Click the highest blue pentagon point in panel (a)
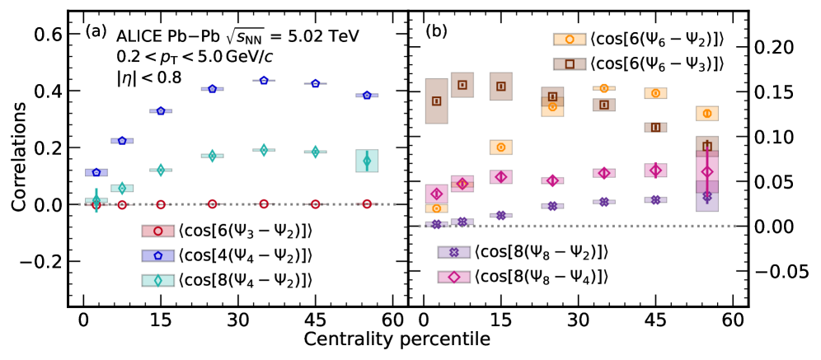[264, 80]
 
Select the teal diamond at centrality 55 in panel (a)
[368, 161]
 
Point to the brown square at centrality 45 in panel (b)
[656, 128]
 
